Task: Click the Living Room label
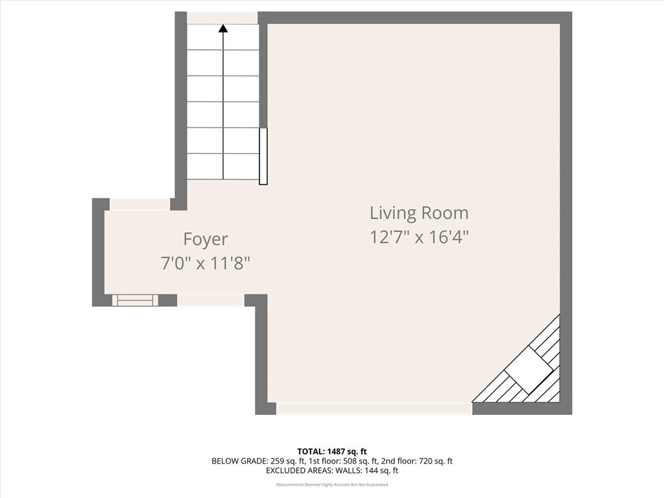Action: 419,213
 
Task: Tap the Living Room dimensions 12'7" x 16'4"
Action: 419,237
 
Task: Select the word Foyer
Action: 206,239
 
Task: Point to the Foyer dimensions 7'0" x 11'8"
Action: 206,263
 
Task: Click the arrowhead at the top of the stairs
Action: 223,29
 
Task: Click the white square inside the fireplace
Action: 529,368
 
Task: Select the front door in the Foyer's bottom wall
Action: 136,300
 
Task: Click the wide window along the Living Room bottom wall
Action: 374,408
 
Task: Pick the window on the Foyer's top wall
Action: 139,204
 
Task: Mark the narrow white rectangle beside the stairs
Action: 263,156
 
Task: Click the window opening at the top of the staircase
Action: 222,18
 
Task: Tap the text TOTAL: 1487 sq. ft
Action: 331,451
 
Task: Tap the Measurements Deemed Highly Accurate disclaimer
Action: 331,484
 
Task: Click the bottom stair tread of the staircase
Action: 223,166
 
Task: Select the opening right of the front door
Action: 210,300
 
